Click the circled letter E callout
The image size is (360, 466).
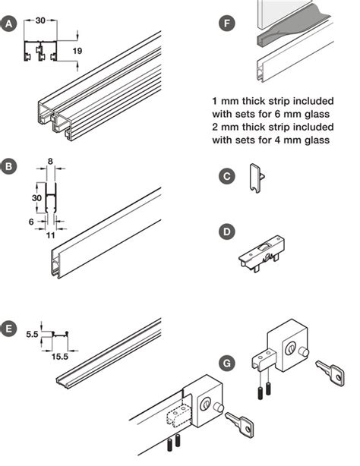click(10, 328)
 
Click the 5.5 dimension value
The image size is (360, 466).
click(30, 333)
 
